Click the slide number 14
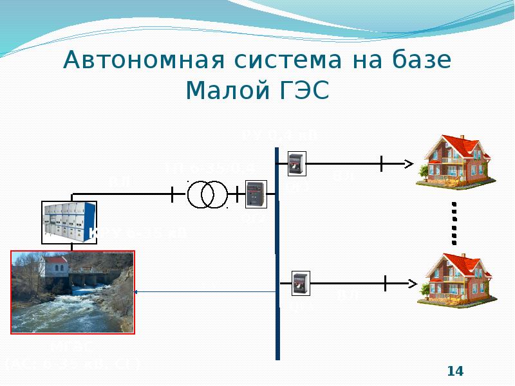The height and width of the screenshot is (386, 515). pyautogui.click(x=455, y=371)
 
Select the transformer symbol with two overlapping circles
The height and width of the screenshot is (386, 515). pyautogui.click(x=207, y=194)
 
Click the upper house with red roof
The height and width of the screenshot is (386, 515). pyautogui.click(x=451, y=161)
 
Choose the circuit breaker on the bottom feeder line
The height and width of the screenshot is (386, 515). pyautogui.click(x=300, y=283)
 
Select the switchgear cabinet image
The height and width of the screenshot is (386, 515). pyautogui.click(x=69, y=221)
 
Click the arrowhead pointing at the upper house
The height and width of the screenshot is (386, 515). pyautogui.click(x=409, y=163)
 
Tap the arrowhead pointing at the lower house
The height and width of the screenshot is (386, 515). pyautogui.click(x=412, y=282)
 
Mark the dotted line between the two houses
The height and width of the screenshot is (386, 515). pyautogui.click(x=454, y=222)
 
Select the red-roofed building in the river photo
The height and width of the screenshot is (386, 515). pyautogui.click(x=55, y=266)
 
